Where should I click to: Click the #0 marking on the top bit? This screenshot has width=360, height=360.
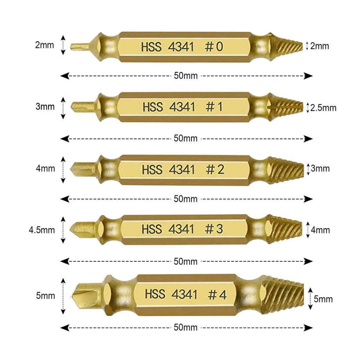pos(214,46)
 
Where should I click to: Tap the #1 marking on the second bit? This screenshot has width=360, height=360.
pos(214,107)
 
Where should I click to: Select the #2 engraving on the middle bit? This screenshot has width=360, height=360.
pos(215,170)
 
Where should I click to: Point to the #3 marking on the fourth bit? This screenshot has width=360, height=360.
pos(214,229)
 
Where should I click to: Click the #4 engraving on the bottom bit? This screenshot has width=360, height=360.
pos(217,294)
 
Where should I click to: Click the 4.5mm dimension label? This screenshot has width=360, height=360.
pos(42,230)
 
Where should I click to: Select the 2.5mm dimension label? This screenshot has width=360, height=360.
pos(323,108)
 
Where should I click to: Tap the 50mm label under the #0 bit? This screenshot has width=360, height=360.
pos(186,76)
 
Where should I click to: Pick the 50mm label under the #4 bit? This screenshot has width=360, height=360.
pos(185,327)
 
